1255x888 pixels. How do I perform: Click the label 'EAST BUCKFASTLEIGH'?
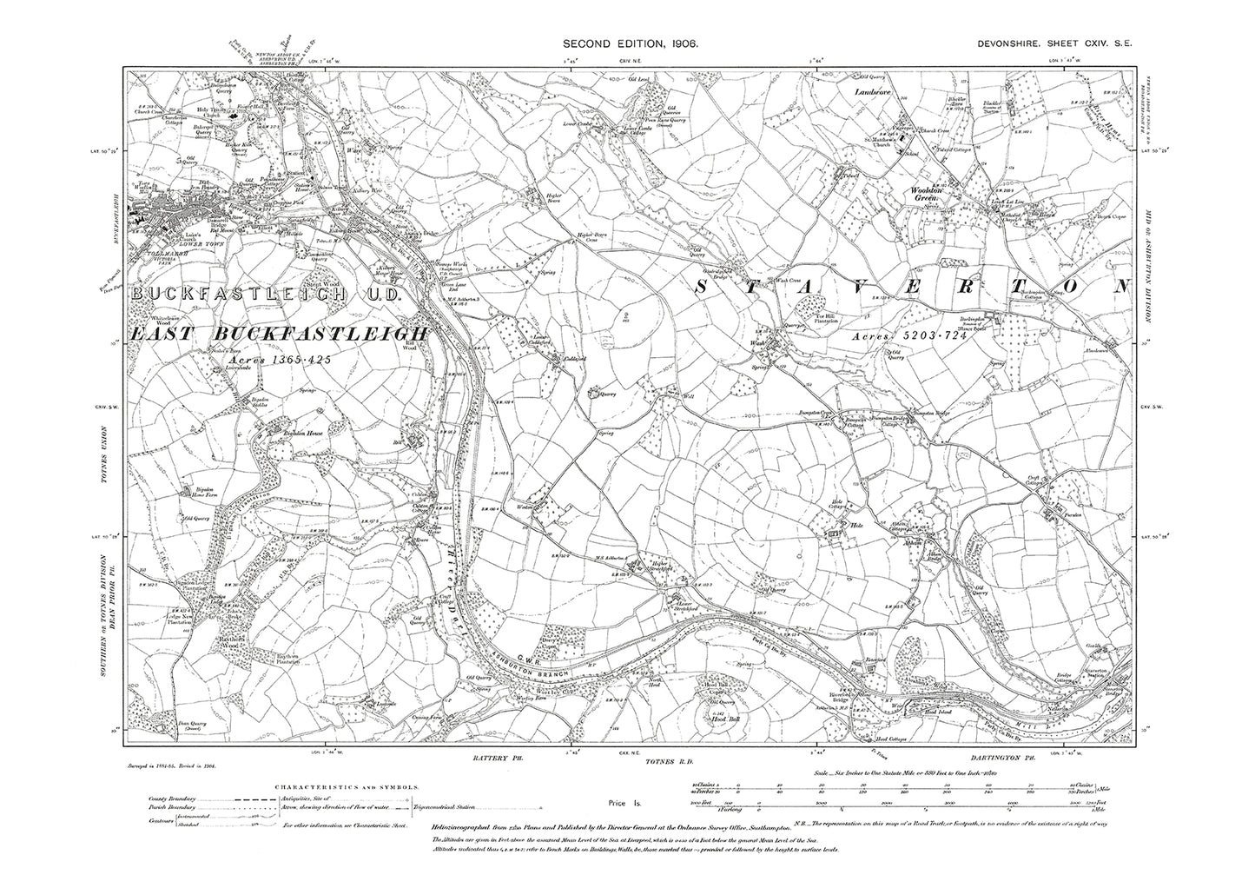click(281, 335)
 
